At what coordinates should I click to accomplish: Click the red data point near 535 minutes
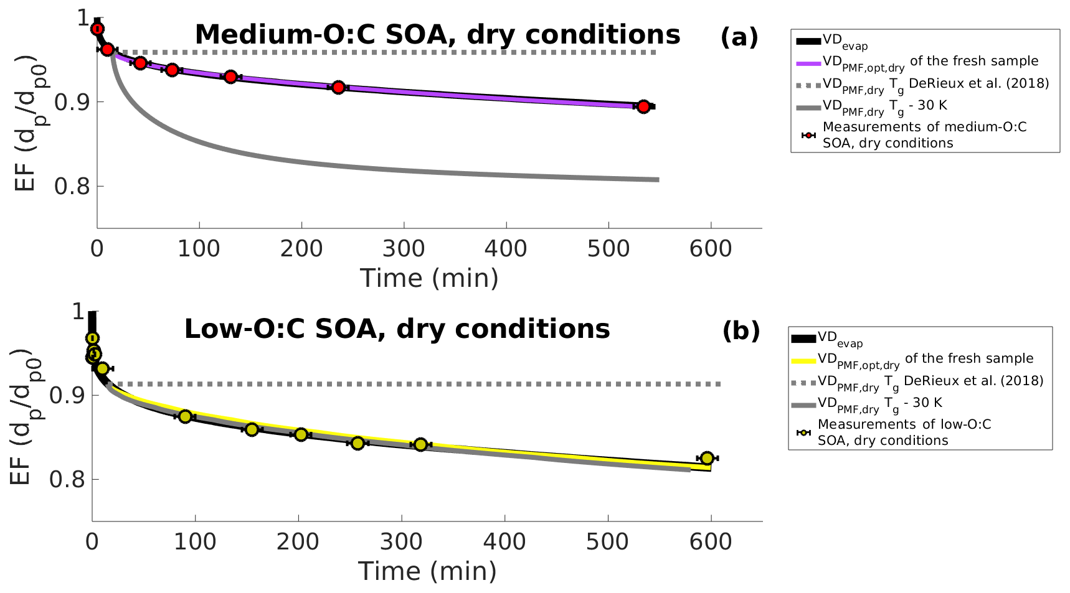click(x=643, y=106)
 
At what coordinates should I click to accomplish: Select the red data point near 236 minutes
click(x=338, y=87)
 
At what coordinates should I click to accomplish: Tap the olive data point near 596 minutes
click(x=706, y=458)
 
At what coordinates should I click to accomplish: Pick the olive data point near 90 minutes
click(x=185, y=416)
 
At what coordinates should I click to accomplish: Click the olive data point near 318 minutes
click(x=420, y=444)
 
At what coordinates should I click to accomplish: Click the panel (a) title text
click(x=437, y=35)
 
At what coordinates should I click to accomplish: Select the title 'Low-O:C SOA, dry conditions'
click(x=397, y=329)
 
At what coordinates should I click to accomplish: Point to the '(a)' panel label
click(x=739, y=37)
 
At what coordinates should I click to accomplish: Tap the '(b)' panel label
click(x=741, y=331)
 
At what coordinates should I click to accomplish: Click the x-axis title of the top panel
click(x=429, y=278)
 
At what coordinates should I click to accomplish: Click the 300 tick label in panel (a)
click(x=404, y=249)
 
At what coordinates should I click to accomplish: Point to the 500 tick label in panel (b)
click(x=607, y=542)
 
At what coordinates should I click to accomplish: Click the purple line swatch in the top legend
click(x=808, y=63)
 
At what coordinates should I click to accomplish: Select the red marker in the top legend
click(x=808, y=135)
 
